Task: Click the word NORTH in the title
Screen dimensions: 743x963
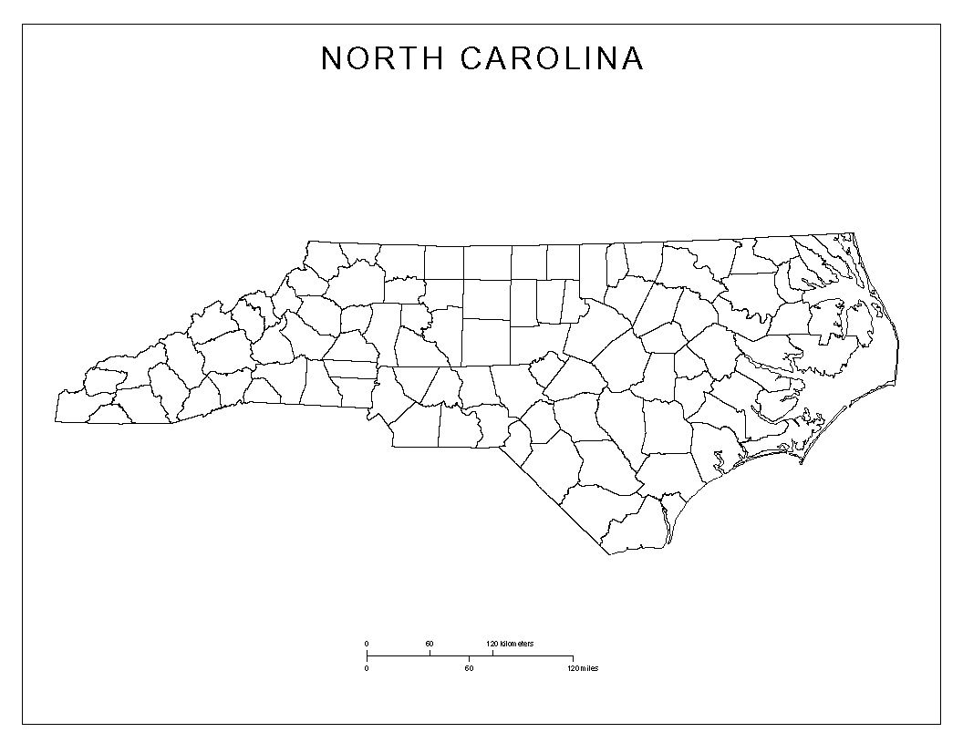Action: (x=382, y=58)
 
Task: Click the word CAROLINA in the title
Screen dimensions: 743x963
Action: (x=553, y=58)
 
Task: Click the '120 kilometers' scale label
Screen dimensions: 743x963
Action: (x=510, y=645)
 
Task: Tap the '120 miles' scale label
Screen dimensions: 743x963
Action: (x=582, y=668)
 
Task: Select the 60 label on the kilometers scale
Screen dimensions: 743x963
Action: (x=430, y=645)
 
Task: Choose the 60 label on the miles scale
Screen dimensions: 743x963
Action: (x=469, y=668)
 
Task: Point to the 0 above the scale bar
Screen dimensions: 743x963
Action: (x=367, y=645)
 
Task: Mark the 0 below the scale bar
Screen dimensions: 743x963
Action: (x=367, y=668)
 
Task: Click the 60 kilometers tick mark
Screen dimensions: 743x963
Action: (x=430, y=653)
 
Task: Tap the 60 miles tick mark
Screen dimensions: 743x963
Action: (x=470, y=658)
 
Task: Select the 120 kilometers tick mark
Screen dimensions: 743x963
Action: (x=492, y=653)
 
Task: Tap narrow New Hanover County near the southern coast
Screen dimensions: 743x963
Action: (x=668, y=516)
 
